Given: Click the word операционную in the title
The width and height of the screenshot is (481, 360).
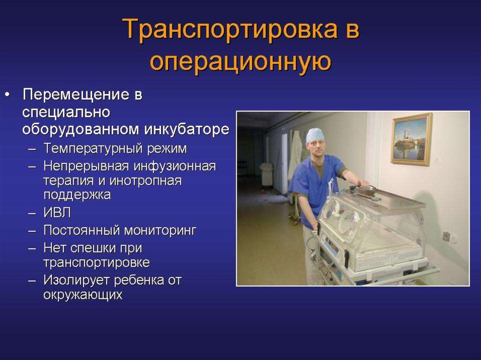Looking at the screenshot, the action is [241, 61].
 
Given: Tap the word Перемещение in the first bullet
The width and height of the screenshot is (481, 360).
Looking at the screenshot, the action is [77, 94].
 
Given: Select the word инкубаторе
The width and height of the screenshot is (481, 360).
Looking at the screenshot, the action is [186, 129].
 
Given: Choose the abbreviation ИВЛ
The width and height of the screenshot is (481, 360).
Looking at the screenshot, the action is [57, 213].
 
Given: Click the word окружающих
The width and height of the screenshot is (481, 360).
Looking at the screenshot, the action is [83, 295].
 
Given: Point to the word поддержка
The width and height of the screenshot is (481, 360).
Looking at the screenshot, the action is [77, 195].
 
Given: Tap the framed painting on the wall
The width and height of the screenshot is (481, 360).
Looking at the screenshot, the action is [411, 139].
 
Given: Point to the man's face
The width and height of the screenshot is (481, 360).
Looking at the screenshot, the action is [317, 148].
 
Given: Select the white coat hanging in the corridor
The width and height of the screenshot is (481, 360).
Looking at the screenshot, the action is [295, 155].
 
